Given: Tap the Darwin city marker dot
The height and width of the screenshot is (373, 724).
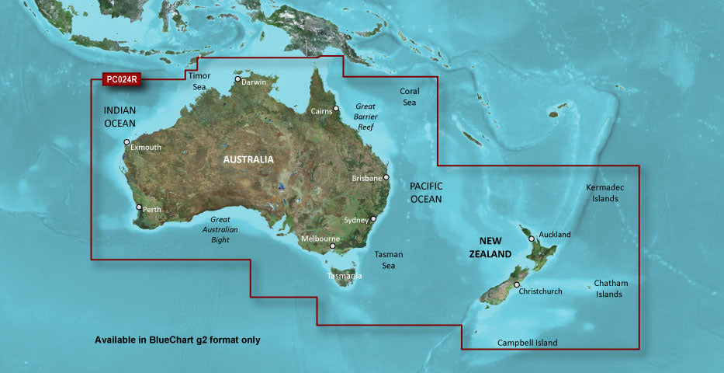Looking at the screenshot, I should [237, 79].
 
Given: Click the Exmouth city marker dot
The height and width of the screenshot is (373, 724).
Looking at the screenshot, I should [126, 142].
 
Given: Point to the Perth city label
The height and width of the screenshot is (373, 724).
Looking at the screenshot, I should [152, 208].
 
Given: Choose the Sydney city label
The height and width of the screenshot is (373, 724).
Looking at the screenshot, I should [355, 220].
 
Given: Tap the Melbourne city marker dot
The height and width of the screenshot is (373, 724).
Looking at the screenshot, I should [332, 247].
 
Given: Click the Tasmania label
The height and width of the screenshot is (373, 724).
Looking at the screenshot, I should [344, 276].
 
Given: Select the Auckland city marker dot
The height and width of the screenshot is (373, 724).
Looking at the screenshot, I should [532, 239].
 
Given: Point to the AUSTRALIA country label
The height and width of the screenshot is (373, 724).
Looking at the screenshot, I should [248, 159].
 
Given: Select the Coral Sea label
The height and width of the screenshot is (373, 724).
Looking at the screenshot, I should [409, 96].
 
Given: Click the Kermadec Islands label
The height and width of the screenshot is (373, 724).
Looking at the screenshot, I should [605, 193].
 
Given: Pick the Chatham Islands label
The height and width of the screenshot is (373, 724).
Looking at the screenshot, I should [611, 288].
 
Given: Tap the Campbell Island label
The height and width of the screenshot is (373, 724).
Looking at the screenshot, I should [528, 343].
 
